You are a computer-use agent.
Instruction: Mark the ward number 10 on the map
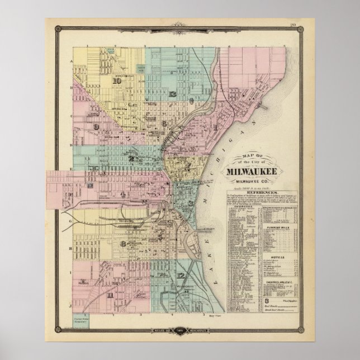coord(117,80)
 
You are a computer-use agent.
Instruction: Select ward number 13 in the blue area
coord(174,93)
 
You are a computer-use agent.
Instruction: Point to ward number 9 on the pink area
coord(97,127)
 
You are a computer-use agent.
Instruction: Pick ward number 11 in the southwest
coord(111,295)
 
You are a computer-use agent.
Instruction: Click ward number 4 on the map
coord(122,194)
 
